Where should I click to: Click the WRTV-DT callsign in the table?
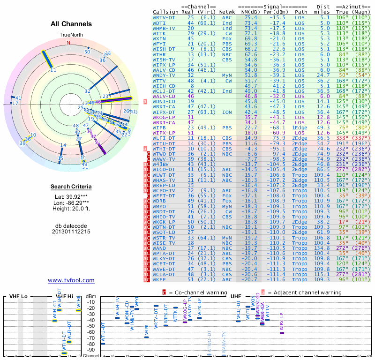coord(164,17)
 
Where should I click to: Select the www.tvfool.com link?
coord(71,280)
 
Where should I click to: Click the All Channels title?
coord(71,24)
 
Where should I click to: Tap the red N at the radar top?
coord(69,43)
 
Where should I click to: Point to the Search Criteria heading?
coord(71,187)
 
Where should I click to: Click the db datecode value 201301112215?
coord(71,232)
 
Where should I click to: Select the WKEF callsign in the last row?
coord(160,280)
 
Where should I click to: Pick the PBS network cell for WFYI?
coord(227,43)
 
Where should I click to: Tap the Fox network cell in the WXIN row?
coord(227,38)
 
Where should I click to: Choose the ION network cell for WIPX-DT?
coord(227,112)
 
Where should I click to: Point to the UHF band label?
coord(236,296)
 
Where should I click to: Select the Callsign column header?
coord(165,12)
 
